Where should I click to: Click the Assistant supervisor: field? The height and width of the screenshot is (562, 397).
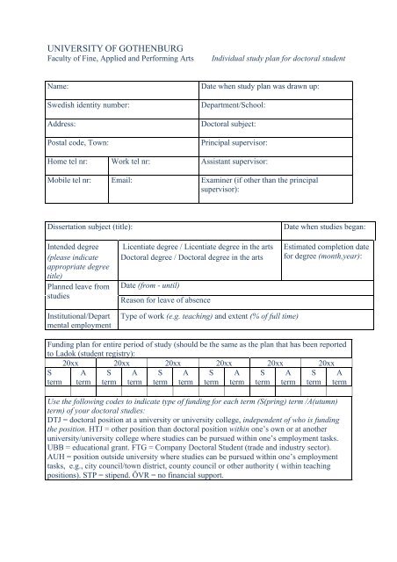click(x=240, y=162)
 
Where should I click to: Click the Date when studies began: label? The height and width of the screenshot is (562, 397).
click(x=320, y=227)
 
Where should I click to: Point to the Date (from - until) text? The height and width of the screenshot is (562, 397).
click(x=155, y=286)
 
